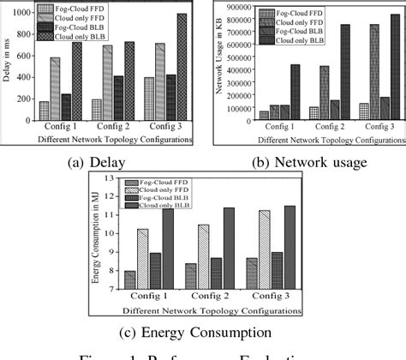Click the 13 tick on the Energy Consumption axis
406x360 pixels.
(109, 177)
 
